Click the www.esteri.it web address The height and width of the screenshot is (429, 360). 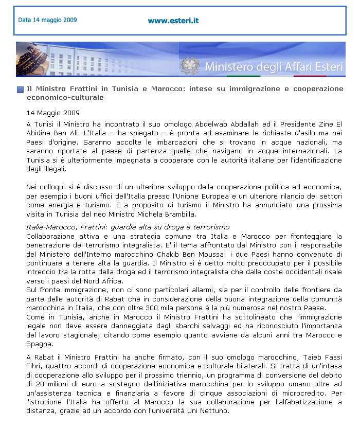coord(173,21)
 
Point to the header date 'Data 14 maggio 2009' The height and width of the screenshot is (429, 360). coord(47,21)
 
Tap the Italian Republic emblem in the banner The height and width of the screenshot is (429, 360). coord(190,66)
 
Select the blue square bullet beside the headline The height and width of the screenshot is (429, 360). coord(20,90)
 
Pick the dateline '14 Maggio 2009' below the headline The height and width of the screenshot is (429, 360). coord(53,113)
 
